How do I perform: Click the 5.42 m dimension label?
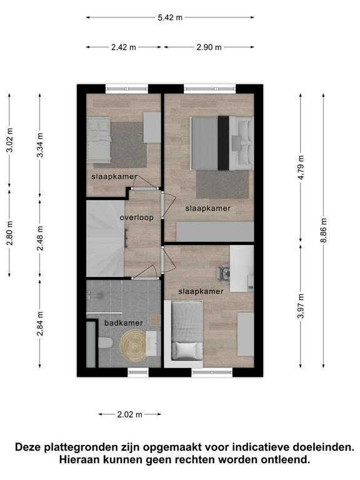click(x=170, y=17)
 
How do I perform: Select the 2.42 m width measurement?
click(x=124, y=47)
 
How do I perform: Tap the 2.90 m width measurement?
click(x=209, y=47)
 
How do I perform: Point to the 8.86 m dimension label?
click(x=324, y=230)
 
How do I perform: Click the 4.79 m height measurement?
click(x=301, y=167)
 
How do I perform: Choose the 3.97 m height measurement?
click(x=301, y=306)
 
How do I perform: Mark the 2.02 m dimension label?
click(x=130, y=414)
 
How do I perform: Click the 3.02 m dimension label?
click(x=10, y=139)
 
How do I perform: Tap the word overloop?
click(x=136, y=217)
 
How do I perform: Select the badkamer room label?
click(x=124, y=322)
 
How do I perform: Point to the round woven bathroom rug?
click(x=133, y=346)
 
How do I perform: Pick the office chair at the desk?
click(x=223, y=271)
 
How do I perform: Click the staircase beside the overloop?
click(x=105, y=238)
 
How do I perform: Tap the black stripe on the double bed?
click(x=224, y=143)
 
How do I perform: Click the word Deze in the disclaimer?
click(x=28, y=447)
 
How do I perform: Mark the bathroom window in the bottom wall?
click(x=138, y=372)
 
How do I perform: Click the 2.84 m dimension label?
click(x=40, y=323)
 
